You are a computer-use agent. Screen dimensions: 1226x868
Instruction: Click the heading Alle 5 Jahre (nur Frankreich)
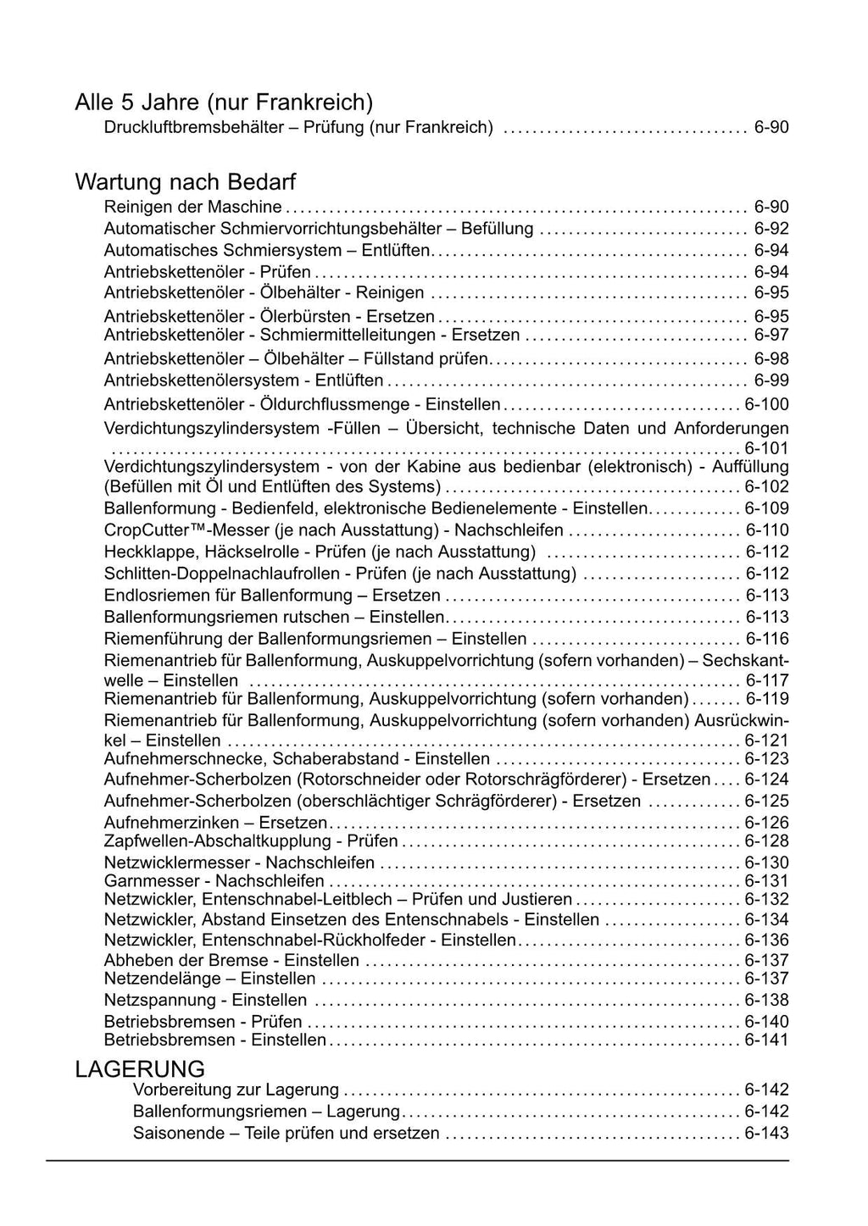point(224,103)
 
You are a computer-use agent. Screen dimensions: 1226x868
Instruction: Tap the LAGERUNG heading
point(140,1068)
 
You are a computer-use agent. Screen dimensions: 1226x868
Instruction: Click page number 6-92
point(771,228)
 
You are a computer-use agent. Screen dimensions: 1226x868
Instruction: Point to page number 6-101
point(766,447)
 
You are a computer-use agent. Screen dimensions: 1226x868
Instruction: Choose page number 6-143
point(766,1133)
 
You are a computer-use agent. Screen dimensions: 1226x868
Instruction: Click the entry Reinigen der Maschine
point(192,207)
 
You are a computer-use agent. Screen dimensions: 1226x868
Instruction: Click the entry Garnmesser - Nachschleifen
point(202,881)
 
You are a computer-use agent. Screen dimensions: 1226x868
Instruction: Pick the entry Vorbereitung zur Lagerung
point(236,1090)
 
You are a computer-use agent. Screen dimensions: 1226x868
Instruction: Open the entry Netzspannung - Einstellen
point(205,1000)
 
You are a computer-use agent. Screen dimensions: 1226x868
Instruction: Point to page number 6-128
point(766,840)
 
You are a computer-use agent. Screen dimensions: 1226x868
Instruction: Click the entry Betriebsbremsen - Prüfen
point(203,1022)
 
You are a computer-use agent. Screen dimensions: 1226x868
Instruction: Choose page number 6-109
point(766,508)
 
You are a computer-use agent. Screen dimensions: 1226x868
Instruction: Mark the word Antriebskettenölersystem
point(201,380)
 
